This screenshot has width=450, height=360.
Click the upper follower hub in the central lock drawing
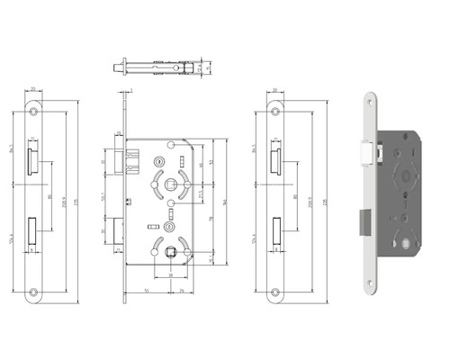tap(171, 184)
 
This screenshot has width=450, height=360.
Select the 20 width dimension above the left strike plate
tap(33, 90)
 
